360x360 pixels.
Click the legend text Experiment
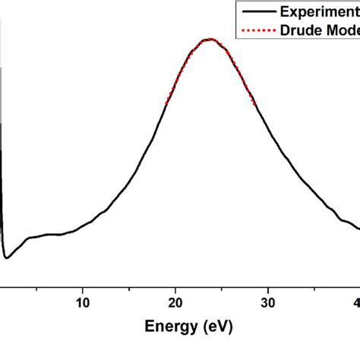(x=319, y=11)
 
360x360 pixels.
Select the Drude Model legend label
(x=320, y=31)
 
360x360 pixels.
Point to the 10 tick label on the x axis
(x=84, y=302)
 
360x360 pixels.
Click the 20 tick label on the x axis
(x=175, y=302)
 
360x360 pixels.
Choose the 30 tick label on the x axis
(x=267, y=302)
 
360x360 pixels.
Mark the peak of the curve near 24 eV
(x=209, y=39)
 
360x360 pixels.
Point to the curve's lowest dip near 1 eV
(x=7, y=258)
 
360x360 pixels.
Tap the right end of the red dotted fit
(x=254, y=103)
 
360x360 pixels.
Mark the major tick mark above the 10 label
(x=84, y=283)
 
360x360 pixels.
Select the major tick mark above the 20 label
(x=175, y=283)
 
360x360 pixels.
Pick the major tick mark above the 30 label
(x=267, y=283)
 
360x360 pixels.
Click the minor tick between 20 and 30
(x=222, y=284)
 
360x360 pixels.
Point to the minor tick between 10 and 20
(x=130, y=284)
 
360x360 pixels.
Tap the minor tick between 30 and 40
(x=314, y=284)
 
